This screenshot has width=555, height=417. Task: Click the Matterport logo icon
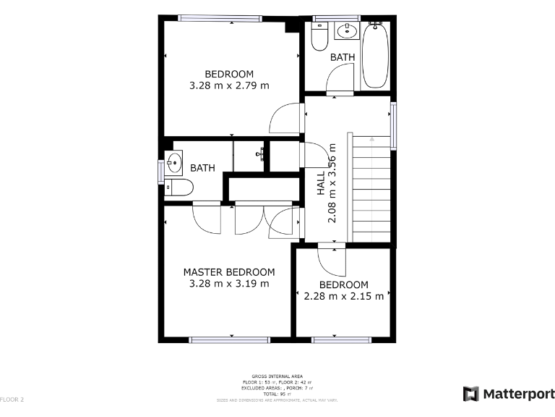[471, 394]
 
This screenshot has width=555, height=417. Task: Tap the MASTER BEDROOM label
[229, 272]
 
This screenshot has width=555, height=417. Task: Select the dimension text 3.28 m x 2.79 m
[229, 85]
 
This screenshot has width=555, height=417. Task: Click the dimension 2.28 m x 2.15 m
[344, 295]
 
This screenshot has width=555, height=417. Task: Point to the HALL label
[321, 182]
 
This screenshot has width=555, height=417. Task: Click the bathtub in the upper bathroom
[375, 56]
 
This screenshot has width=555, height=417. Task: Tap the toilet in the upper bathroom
[319, 37]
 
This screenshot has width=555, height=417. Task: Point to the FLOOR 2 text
[12, 400]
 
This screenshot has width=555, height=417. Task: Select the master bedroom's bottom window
[230, 339]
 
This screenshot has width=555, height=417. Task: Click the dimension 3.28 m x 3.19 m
[229, 284]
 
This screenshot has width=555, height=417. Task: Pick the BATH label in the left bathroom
[203, 168]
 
